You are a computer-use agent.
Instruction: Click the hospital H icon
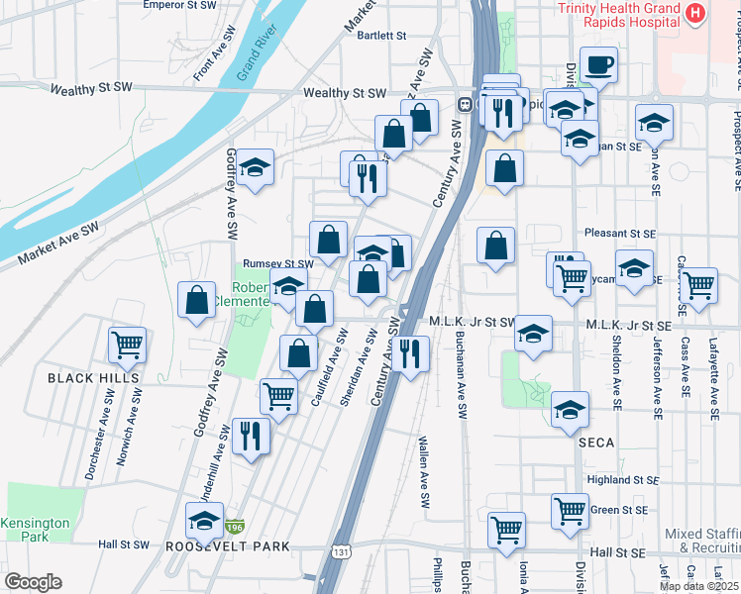click(695, 14)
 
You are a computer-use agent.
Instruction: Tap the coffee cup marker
click(598, 66)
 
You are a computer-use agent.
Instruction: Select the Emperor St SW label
click(179, 5)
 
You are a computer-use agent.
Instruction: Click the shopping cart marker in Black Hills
click(127, 346)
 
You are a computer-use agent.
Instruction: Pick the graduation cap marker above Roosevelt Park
click(205, 521)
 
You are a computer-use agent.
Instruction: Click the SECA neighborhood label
click(597, 443)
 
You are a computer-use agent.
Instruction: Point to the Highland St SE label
click(616, 479)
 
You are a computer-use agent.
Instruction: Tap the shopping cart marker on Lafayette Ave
click(699, 286)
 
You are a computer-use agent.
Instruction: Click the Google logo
click(33, 582)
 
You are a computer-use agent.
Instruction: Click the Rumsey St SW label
click(278, 264)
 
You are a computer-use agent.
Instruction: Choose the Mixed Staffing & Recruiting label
click(702, 540)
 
